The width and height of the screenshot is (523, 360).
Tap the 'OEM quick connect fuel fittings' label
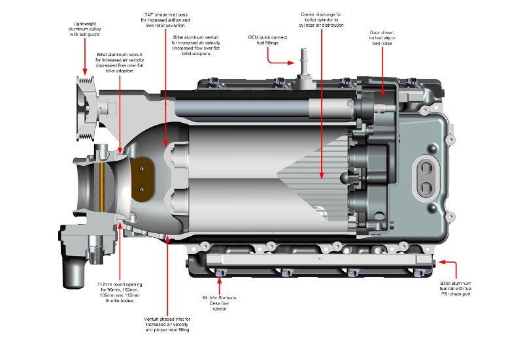coord(267,41)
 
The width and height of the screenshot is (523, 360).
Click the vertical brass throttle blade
coord(103,186)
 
